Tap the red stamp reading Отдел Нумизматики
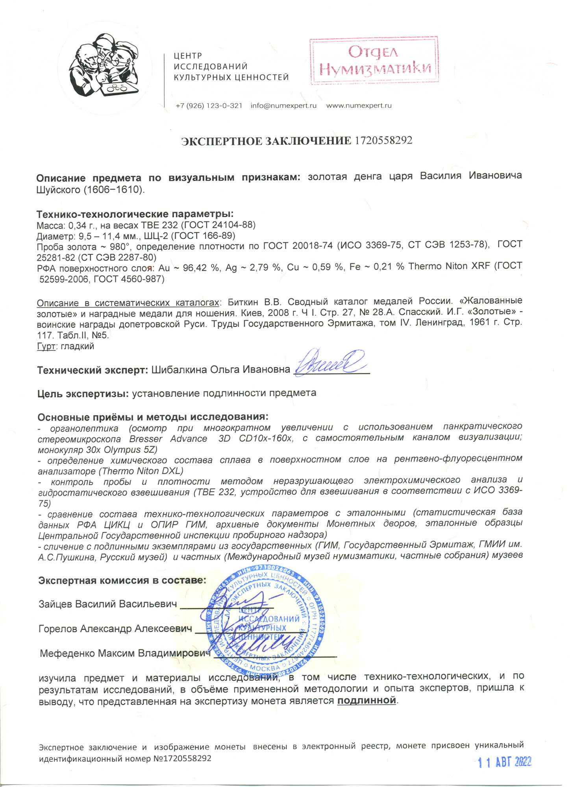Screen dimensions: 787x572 coord(374,61)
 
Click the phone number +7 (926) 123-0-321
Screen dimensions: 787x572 coord(209,106)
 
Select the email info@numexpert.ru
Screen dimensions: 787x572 coord(283,106)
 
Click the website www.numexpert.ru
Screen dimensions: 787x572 coord(359,106)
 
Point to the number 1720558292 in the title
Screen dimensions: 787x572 coord(383,140)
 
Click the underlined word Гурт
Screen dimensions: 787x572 coord(45,346)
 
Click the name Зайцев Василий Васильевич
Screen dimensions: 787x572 coord(107,604)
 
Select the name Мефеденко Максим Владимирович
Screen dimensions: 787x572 coord(125,653)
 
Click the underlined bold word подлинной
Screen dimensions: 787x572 coord(366,700)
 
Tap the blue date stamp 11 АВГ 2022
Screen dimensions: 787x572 coord(505,762)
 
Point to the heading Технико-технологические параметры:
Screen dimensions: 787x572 coord(135,214)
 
